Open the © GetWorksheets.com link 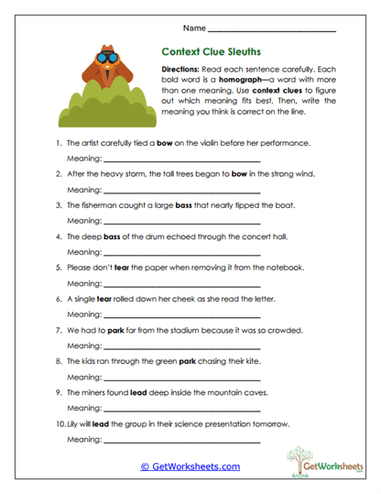(x=190, y=466)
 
